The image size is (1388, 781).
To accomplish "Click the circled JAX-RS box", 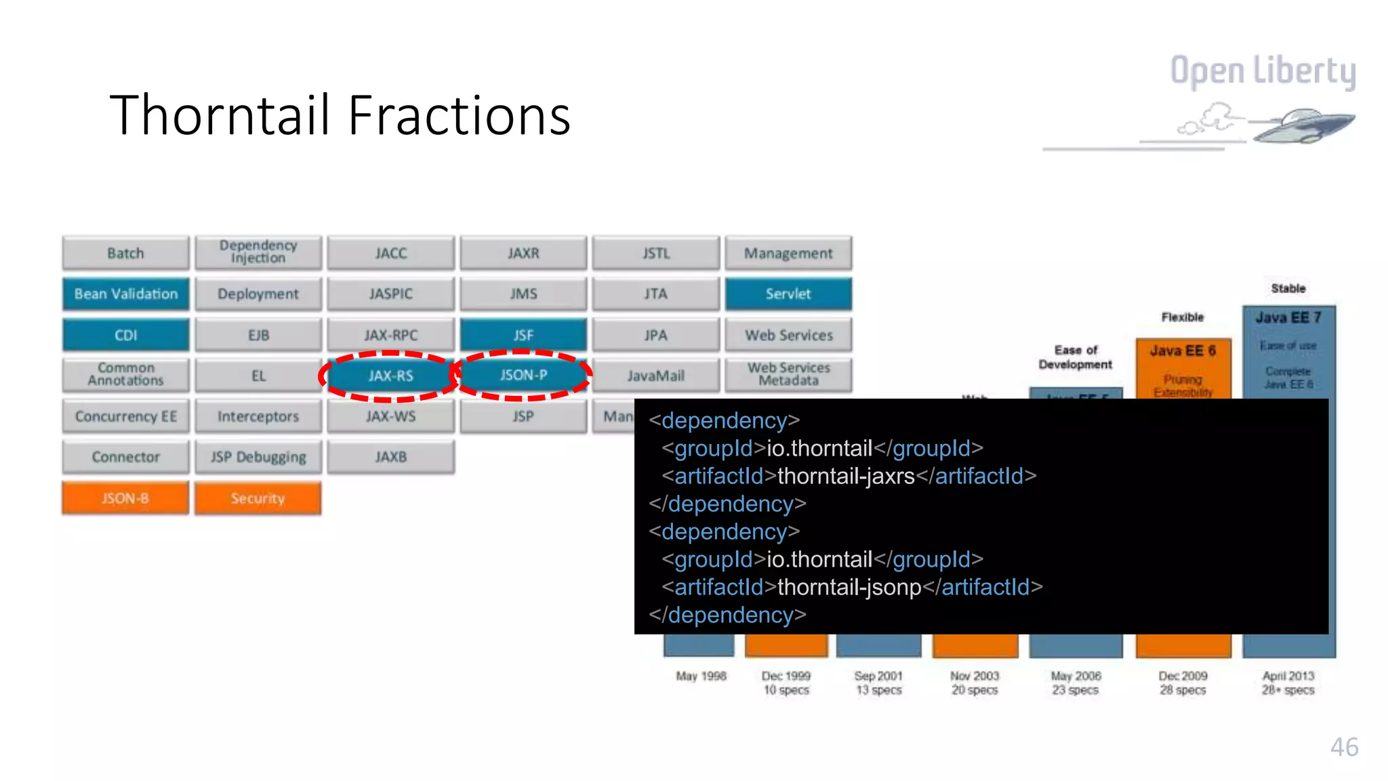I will click(390, 376).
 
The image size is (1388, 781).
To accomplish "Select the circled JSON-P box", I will click(523, 375).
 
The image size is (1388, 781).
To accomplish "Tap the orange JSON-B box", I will click(125, 498).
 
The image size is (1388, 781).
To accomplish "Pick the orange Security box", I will click(258, 498).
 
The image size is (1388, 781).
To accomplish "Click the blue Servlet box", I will click(788, 294).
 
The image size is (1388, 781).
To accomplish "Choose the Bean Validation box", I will click(126, 294).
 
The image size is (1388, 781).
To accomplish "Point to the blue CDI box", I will click(126, 335).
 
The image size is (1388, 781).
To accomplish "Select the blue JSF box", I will click(523, 335).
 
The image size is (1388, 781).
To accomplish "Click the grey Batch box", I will click(126, 253).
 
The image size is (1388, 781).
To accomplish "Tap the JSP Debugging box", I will click(258, 457).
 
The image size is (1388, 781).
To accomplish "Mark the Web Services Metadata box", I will click(788, 374).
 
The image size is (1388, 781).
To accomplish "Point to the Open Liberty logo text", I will click(1263, 71).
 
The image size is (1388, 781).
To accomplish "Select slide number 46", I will click(1344, 747).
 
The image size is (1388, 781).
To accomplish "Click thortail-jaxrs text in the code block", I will click(846, 476).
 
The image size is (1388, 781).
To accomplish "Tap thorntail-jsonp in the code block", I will click(849, 587).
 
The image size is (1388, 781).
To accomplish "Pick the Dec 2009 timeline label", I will click(1183, 676).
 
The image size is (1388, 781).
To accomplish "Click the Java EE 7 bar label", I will click(1288, 317).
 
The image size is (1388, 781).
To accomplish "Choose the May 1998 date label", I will click(701, 676).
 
